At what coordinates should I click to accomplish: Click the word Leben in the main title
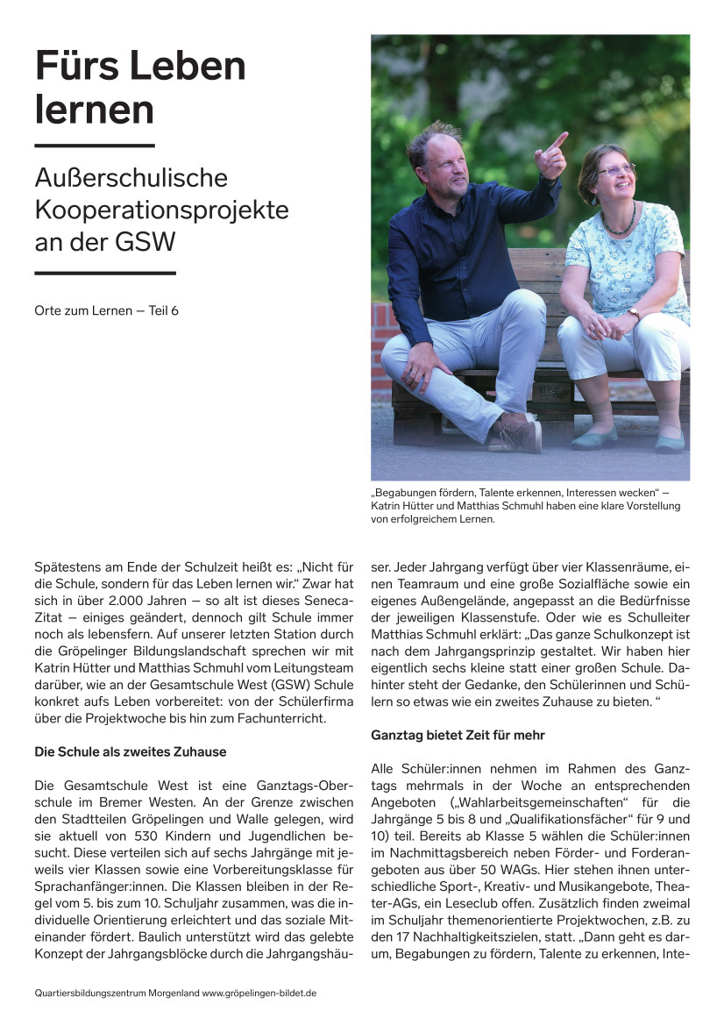[x=186, y=67]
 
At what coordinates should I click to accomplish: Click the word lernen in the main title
[x=94, y=110]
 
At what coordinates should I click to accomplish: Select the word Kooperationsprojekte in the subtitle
[x=161, y=210]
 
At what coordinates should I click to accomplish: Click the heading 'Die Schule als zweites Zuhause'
[x=130, y=751]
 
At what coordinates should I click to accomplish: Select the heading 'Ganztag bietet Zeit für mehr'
[x=458, y=735]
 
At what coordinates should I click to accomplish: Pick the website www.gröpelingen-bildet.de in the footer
[x=259, y=993]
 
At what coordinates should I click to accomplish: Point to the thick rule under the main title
[x=95, y=146]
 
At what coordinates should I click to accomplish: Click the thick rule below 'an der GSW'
[x=105, y=274]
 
